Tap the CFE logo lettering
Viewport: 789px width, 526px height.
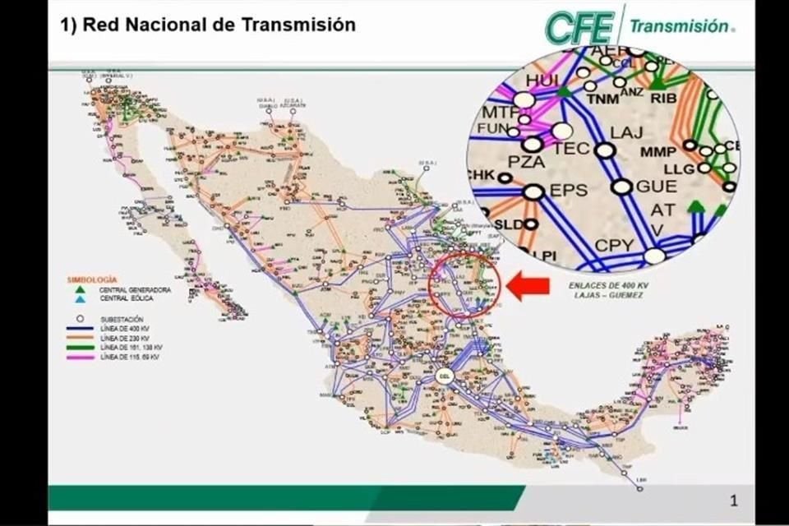click(x=579, y=28)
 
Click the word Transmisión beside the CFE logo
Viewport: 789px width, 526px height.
click(x=680, y=26)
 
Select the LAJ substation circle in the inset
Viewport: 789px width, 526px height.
click(x=605, y=150)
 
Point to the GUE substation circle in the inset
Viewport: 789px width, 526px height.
click(x=622, y=187)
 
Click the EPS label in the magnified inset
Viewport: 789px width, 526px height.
click(x=569, y=190)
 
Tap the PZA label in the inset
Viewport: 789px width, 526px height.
click(x=527, y=162)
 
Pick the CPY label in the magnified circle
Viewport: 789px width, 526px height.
click(x=614, y=244)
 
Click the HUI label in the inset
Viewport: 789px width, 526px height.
click(x=542, y=81)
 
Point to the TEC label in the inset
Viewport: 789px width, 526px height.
click(x=571, y=149)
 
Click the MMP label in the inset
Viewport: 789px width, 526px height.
click(x=658, y=152)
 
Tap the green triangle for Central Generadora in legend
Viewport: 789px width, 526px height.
click(x=80, y=290)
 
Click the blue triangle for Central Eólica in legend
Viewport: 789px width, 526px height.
click(x=80, y=299)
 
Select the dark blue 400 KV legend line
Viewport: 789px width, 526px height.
click(x=81, y=329)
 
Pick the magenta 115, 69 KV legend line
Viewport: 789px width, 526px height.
click(x=81, y=358)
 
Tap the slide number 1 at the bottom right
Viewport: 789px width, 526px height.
click(x=734, y=499)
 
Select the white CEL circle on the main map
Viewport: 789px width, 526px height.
click(x=445, y=378)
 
